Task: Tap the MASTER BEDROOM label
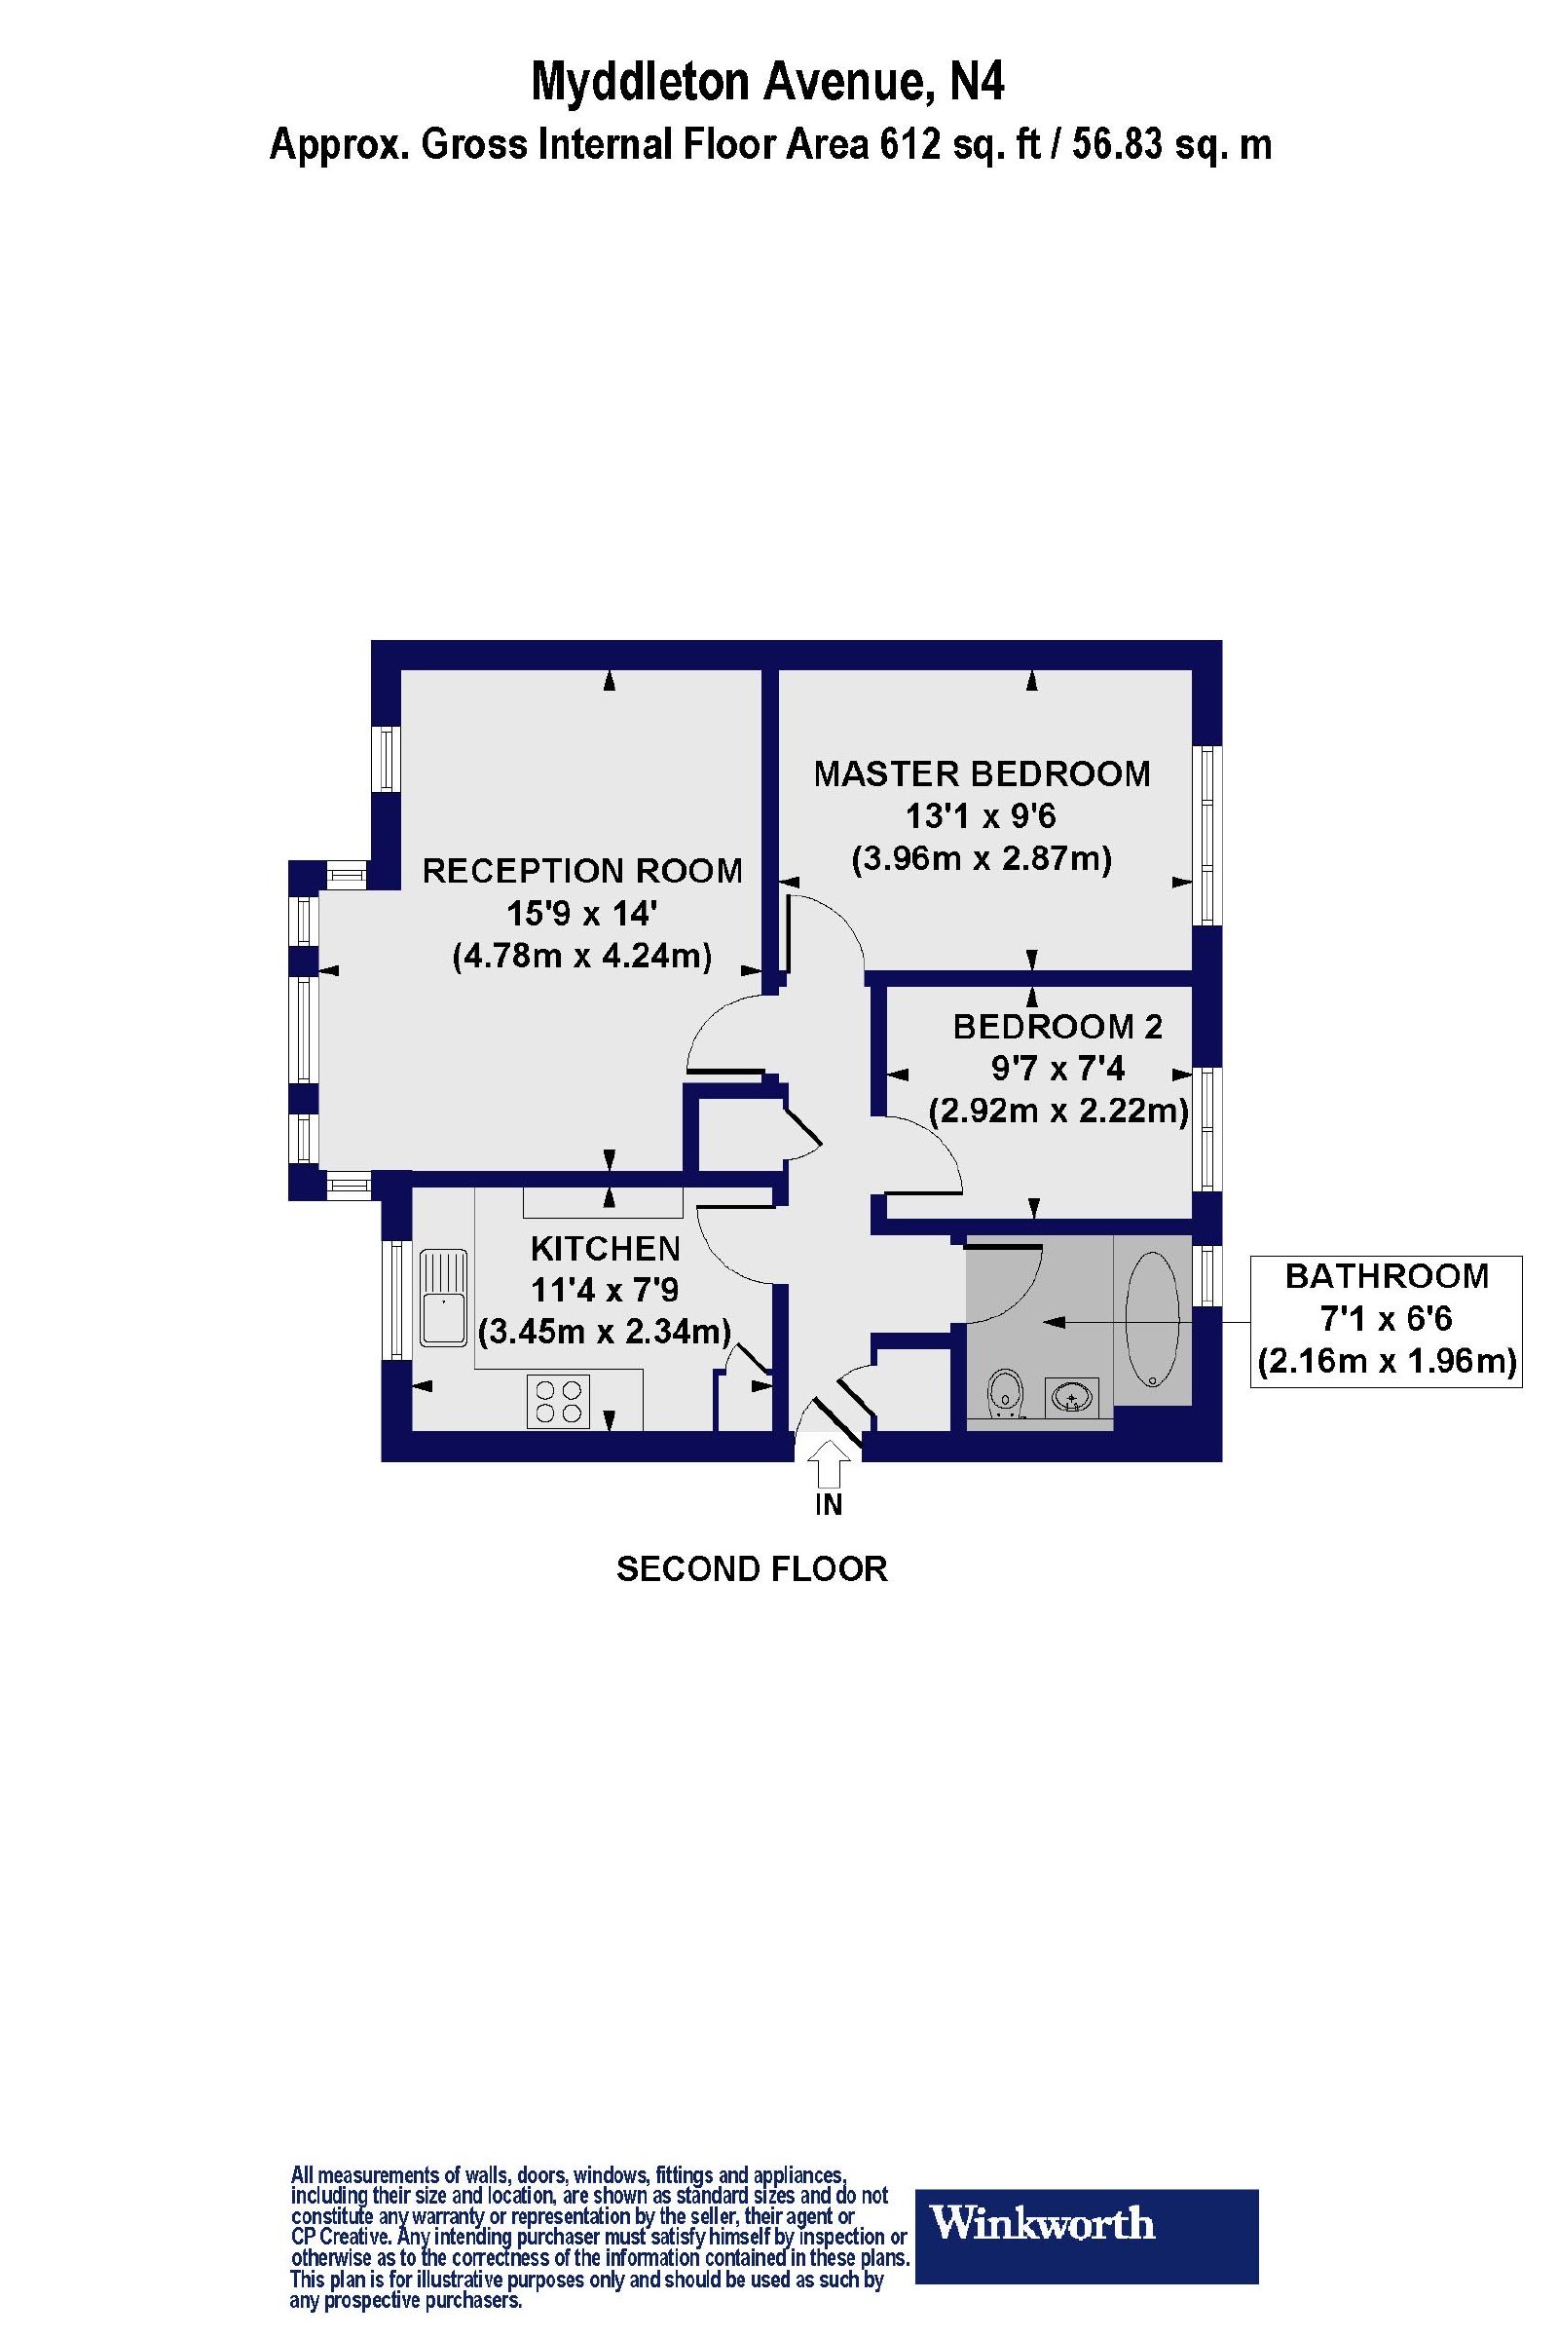coord(982,773)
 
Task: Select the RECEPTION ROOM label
coord(582,871)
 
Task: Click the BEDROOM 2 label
coord(1057,1026)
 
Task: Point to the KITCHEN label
coord(605,1248)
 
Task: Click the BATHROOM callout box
coord(1386,1321)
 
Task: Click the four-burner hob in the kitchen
coord(558,1401)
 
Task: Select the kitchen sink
coord(443,1299)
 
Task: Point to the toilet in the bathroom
coord(1007,1394)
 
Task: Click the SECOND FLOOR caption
coord(752,1569)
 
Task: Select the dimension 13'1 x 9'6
coord(980,816)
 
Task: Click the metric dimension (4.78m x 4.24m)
coord(582,957)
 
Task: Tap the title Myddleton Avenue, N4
coord(767,82)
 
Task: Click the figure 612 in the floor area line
coord(908,145)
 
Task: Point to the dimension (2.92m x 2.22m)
coord(1058,1110)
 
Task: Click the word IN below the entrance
coord(829,1505)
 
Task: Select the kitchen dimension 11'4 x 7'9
coord(604,1290)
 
